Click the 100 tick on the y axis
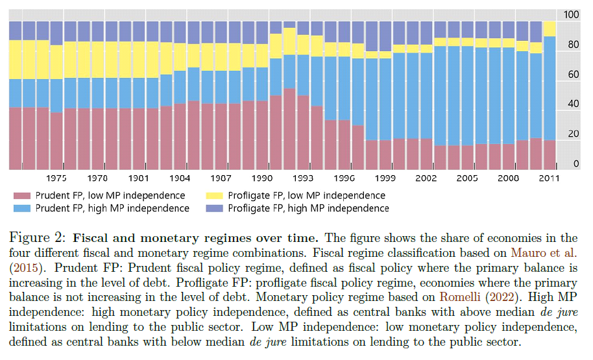point(571,15)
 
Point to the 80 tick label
point(571,45)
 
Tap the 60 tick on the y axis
point(571,75)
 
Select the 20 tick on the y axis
point(571,134)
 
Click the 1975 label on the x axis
point(56,178)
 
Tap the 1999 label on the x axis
point(385,178)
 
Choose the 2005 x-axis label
point(467,178)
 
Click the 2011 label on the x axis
point(549,178)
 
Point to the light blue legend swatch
point(21,208)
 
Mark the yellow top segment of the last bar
point(550,29)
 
